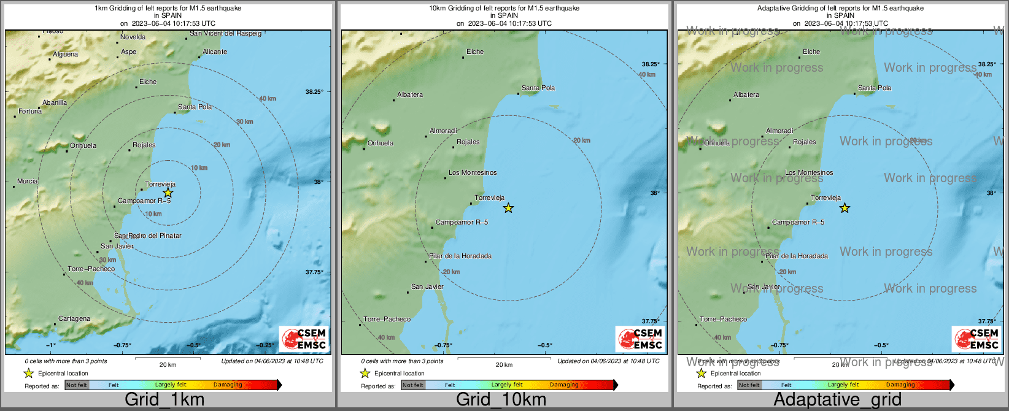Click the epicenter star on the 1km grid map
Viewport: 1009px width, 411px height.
[x=168, y=193]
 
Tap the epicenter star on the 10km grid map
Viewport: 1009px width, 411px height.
[x=508, y=208]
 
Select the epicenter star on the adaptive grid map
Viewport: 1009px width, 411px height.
[x=845, y=208]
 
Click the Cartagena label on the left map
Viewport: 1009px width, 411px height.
[x=74, y=319]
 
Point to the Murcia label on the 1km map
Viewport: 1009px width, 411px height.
[x=27, y=182]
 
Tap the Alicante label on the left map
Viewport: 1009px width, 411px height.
[x=215, y=52]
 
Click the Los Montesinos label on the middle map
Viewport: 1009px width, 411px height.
[x=473, y=173]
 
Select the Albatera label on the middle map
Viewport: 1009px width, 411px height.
[x=410, y=95]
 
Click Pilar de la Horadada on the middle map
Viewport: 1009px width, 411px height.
[x=460, y=256]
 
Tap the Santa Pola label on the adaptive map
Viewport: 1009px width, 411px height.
[x=875, y=88]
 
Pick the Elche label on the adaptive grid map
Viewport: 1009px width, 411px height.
[x=811, y=52]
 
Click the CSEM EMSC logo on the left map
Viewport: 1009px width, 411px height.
[x=304, y=339]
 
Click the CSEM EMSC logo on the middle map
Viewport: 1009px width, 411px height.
[x=640, y=339]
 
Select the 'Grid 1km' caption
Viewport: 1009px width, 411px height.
[x=164, y=400]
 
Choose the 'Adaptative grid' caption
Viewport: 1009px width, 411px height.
[x=837, y=400]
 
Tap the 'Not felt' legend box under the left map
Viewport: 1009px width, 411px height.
[x=77, y=385]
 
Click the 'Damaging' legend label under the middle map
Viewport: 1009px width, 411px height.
[x=564, y=385]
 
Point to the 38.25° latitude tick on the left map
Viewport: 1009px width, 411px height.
[x=314, y=92]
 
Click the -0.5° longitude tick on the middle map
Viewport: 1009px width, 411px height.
[x=545, y=345]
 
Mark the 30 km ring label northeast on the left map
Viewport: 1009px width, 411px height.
[x=245, y=122]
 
